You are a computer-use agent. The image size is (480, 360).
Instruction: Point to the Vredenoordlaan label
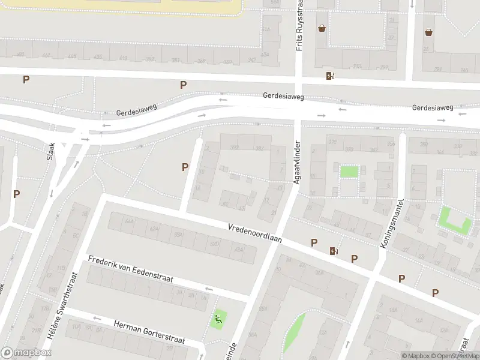[254, 233]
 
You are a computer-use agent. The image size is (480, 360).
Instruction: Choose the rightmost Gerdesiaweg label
[432, 107]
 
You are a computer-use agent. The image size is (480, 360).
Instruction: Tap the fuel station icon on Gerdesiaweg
[329, 76]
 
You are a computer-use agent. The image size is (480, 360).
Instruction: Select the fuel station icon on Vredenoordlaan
[334, 251]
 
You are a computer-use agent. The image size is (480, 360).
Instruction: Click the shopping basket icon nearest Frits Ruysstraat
[322, 28]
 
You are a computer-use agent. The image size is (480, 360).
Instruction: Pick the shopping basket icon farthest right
[428, 32]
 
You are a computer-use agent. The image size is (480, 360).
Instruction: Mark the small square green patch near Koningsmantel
[349, 171]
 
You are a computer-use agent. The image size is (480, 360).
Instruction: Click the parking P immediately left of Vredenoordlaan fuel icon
[314, 242]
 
